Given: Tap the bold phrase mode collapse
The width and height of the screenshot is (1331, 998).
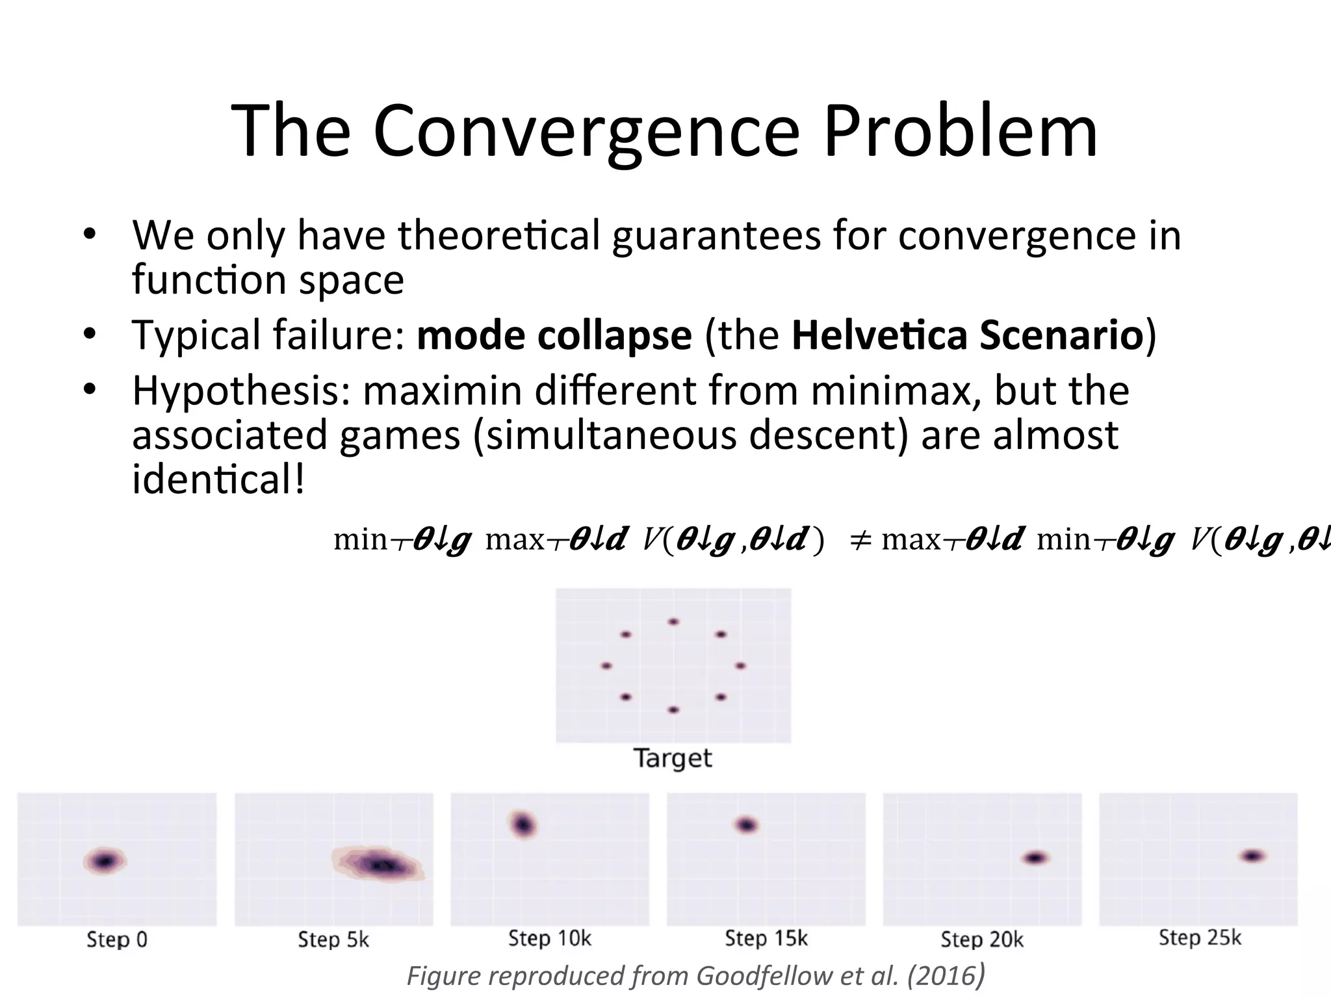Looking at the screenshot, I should point(554,335).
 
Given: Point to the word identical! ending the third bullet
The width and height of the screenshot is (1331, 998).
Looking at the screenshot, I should point(218,480).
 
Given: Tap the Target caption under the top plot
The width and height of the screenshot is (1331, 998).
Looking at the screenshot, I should point(673,758).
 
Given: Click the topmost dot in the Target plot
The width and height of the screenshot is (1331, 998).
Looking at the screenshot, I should point(673,622).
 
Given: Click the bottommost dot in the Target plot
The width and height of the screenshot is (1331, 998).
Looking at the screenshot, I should point(673,710).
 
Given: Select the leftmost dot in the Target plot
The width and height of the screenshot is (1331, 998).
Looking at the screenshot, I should point(606,665).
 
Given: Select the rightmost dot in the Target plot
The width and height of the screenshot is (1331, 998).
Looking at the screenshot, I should point(740,665).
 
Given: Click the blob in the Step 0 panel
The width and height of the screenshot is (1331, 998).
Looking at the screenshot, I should point(105,862).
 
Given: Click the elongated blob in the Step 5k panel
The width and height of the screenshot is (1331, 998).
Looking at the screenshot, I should point(380,864).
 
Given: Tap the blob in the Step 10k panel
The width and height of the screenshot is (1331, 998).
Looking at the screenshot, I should point(523,825).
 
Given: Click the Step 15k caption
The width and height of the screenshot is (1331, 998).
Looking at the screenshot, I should point(766,939).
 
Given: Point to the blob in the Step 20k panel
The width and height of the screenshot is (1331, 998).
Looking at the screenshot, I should point(1035,858).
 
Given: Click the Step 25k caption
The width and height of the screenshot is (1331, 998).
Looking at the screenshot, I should point(1199,938).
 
